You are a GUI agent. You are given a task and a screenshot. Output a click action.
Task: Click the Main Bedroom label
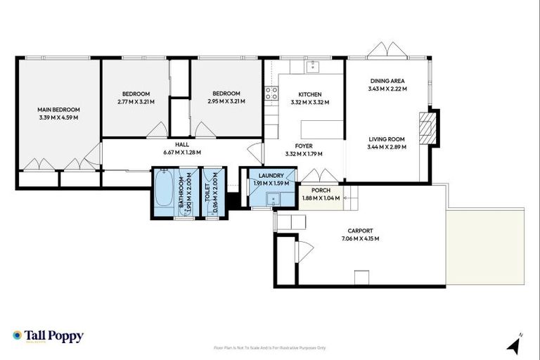click(x=58, y=110)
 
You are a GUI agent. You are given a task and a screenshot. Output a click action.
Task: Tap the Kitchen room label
click(x=309, y=94)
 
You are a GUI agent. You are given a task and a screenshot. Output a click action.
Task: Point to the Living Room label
click(x=387, y=139)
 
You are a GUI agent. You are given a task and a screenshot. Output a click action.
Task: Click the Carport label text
click(x=360, y=231)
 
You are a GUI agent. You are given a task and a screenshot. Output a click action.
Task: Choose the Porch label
click(x=321, y=191)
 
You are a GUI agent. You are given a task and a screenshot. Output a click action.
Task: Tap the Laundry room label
click(x=270, y=176)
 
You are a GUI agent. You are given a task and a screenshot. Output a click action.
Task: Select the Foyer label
click(x=304, y=146)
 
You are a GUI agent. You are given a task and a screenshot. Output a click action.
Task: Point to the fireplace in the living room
click(x=427, y=127)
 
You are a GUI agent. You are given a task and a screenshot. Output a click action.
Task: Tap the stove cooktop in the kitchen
click(x=271, y=94)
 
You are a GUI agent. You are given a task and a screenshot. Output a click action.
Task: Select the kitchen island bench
click(x=323, y=129)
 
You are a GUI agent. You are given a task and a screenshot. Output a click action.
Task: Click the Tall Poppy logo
click(x=48, y=336)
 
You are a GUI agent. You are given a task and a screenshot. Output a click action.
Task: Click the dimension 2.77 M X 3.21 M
click(x=136, y=102)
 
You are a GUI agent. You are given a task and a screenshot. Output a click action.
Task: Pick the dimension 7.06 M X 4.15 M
click(x=360, y=238)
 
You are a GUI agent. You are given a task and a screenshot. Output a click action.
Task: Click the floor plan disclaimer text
click(x=269, y=347)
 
